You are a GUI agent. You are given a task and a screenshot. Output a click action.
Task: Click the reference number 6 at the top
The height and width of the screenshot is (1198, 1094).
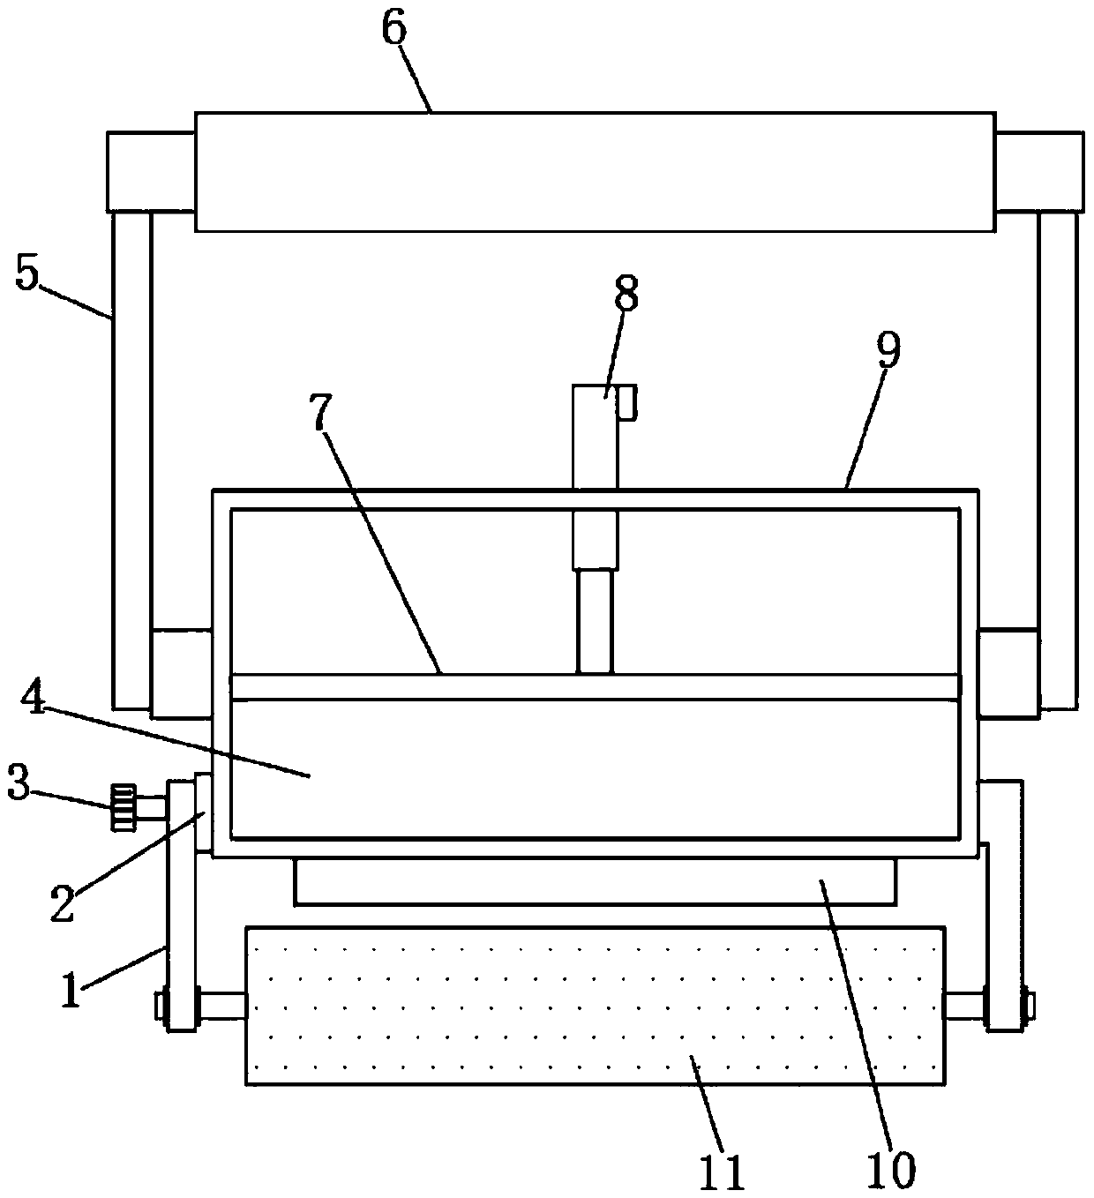click(393, 28)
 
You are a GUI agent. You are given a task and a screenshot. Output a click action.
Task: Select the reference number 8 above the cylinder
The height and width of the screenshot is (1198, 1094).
click(626, 294)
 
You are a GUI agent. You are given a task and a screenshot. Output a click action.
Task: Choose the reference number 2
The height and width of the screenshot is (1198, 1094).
click(62, 903)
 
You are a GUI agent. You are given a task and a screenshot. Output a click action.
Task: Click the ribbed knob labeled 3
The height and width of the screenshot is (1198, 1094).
click(122, 805)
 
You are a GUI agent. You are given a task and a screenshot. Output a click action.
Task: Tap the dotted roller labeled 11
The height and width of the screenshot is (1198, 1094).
click(595, 1005)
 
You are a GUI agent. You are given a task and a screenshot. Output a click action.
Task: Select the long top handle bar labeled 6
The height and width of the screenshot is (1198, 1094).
click(595, 171)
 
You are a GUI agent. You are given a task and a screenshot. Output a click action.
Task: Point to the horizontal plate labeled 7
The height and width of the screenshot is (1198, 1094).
click(595, 687)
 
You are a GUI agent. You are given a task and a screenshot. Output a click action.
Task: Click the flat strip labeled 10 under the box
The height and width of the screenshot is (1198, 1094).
click(595, 881)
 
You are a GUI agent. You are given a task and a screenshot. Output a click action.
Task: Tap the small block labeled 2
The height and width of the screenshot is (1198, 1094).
click(203, 812)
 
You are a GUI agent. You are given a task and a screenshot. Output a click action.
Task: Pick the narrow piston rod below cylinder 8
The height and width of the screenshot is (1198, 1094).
click(595, 621)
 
